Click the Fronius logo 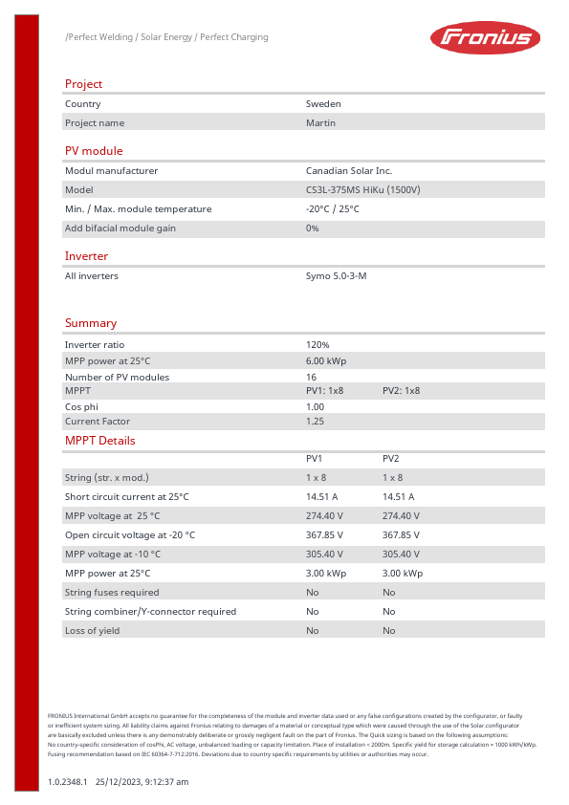point(485,38)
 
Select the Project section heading point(83,84)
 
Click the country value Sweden point(323,103)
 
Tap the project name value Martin point(320,122)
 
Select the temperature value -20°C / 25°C point(332,208)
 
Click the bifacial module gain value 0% point(312,228)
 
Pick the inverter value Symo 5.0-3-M point(336,275)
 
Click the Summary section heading point(91,323)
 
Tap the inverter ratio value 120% point(317,344)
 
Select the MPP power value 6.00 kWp point(326,360)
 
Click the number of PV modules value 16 point(311,377)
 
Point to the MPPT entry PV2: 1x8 point(401,391)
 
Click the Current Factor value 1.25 point(315,421)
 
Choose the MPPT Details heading point(99,441)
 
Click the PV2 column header point(390,459)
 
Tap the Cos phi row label point(81,406)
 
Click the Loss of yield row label point(89,630)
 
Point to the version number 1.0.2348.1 point(67,782)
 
